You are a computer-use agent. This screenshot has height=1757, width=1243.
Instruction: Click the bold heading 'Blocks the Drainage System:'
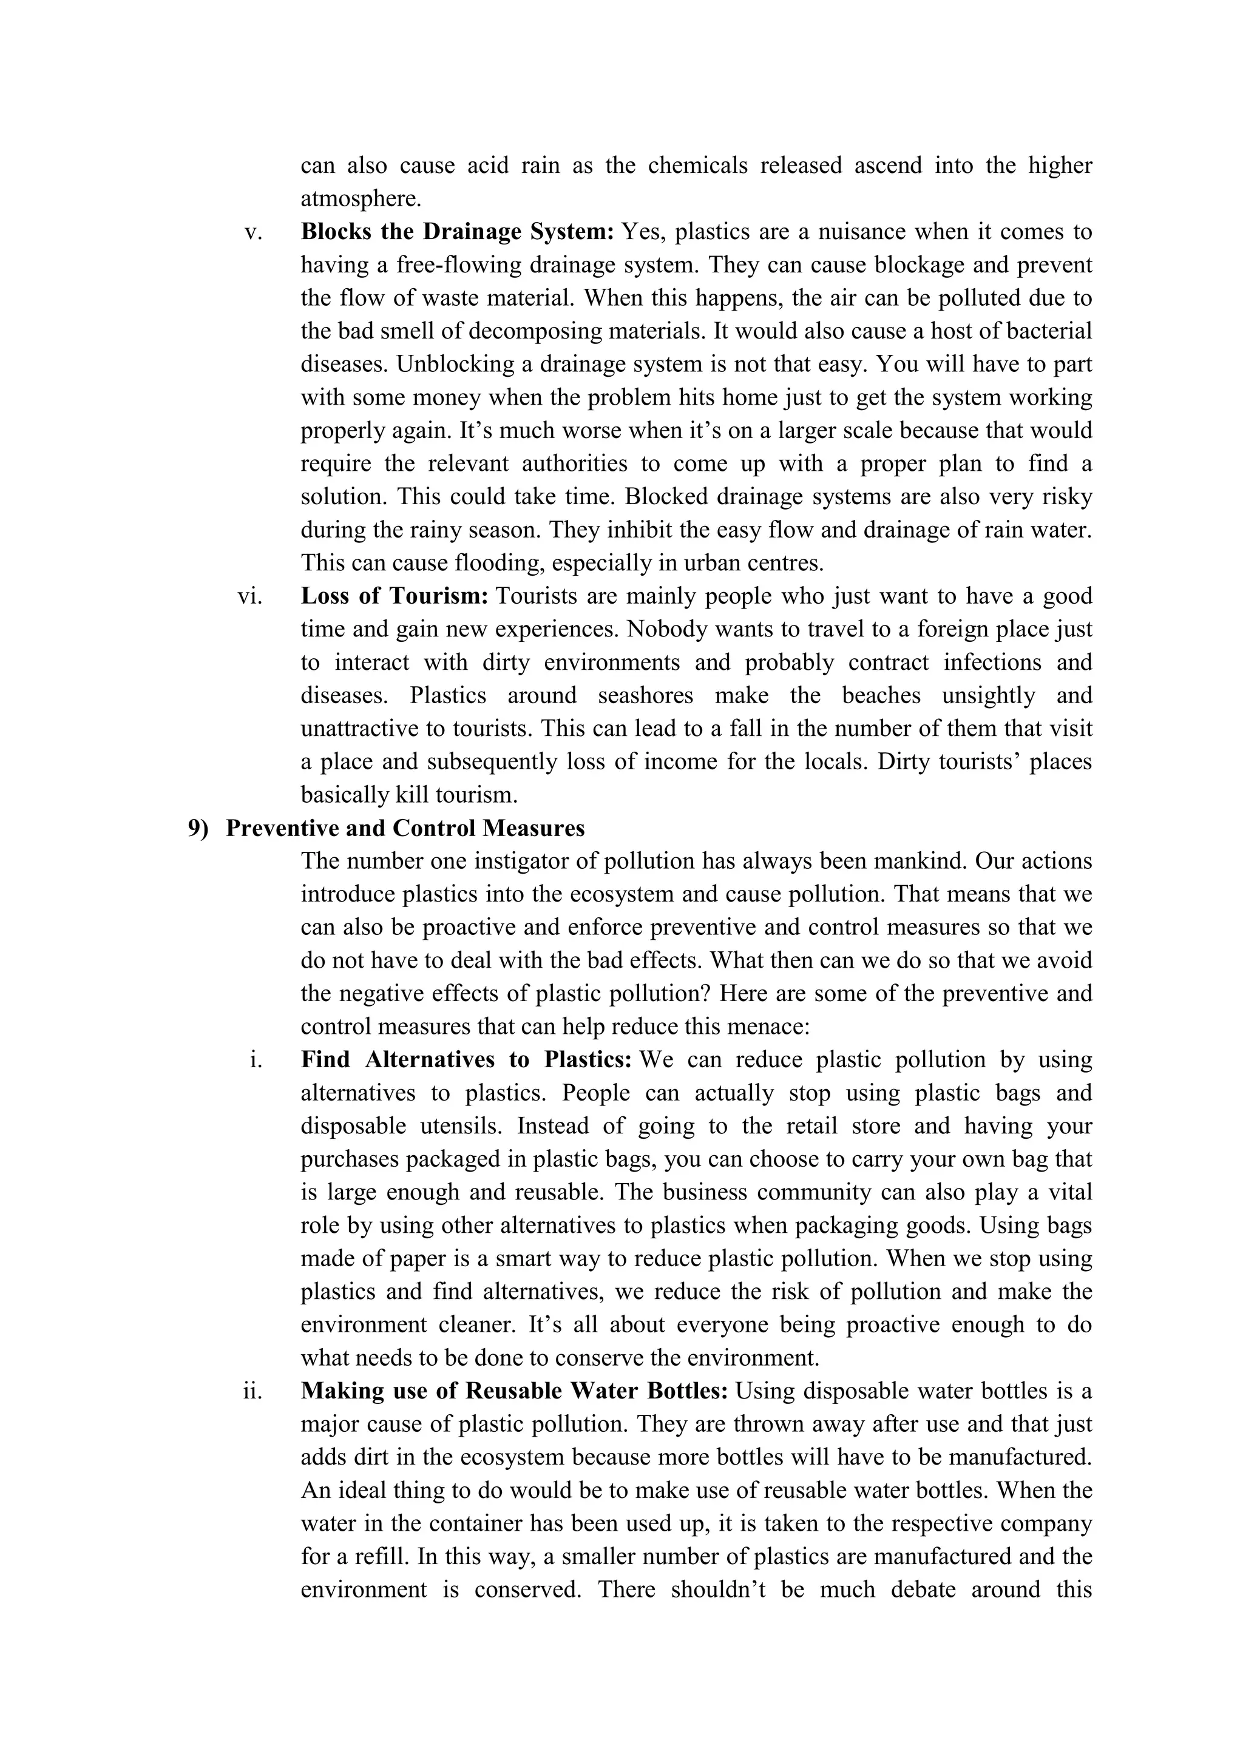pyautogui.click(x=457, y=231)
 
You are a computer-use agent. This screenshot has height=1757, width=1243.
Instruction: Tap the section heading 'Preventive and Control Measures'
pyautogui.click(x=405, y=828)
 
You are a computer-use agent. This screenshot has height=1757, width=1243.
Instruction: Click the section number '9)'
pyautogui.click(x=198, y=828)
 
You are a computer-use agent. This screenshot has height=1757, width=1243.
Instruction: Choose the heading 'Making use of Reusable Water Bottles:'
pyautogui.click(x=514, y=1391)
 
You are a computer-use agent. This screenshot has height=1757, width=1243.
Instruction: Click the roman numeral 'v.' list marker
pyautogui.click(x=252, y=232)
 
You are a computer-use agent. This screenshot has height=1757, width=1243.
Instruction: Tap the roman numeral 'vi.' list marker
pyautogui.click(x=249, y=596)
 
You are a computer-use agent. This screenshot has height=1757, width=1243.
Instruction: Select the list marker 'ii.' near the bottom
pyautogui.click(x=252, y=1391)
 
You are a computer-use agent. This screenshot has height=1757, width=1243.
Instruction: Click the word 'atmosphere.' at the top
pyautogui.click(x=361, y=199)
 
